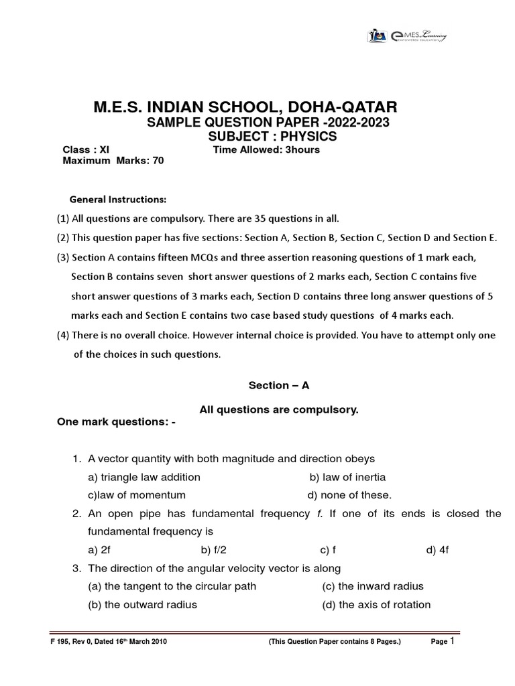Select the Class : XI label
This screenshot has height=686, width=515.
[86, 149]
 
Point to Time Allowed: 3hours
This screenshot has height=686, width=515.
[266, 149]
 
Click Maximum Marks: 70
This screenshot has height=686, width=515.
[113, 161]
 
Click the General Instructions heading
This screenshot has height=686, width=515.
[118, 200]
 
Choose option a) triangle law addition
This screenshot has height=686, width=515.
[144, 477]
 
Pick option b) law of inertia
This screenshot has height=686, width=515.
[347, 477]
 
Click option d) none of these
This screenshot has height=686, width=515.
[349, 495]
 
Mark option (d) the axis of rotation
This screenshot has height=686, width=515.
[376, 604]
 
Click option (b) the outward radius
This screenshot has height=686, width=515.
[142, 604]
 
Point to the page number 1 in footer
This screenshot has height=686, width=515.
[452, 640]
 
